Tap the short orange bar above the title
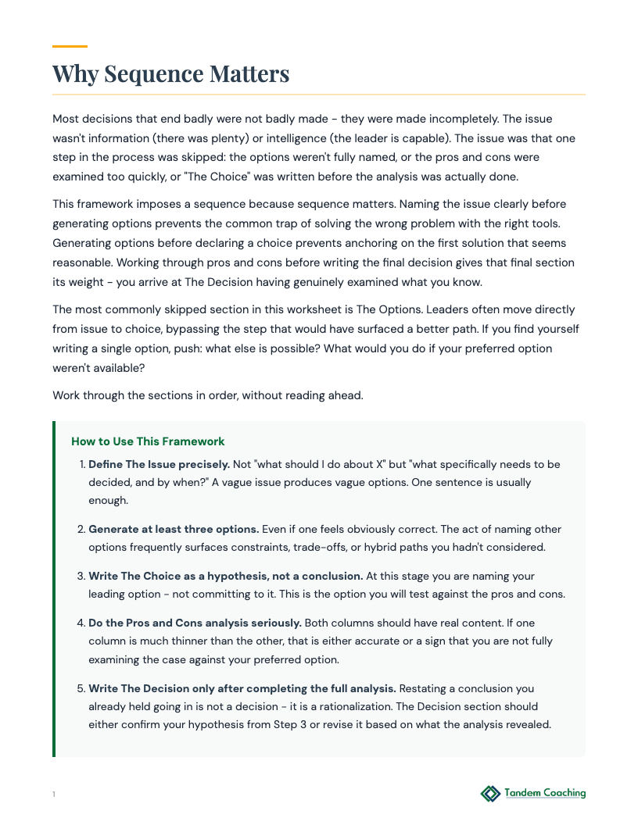coord(70,47)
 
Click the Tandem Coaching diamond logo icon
coord(490,794)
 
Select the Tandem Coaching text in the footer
coord(545,794)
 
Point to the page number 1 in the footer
coord(54,795)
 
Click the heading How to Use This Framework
coord(148,441)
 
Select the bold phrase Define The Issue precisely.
coord(159,464)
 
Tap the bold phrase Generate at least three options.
coord(174,529)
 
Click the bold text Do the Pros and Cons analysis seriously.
coord(195,623)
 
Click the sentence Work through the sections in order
coord(207,395)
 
